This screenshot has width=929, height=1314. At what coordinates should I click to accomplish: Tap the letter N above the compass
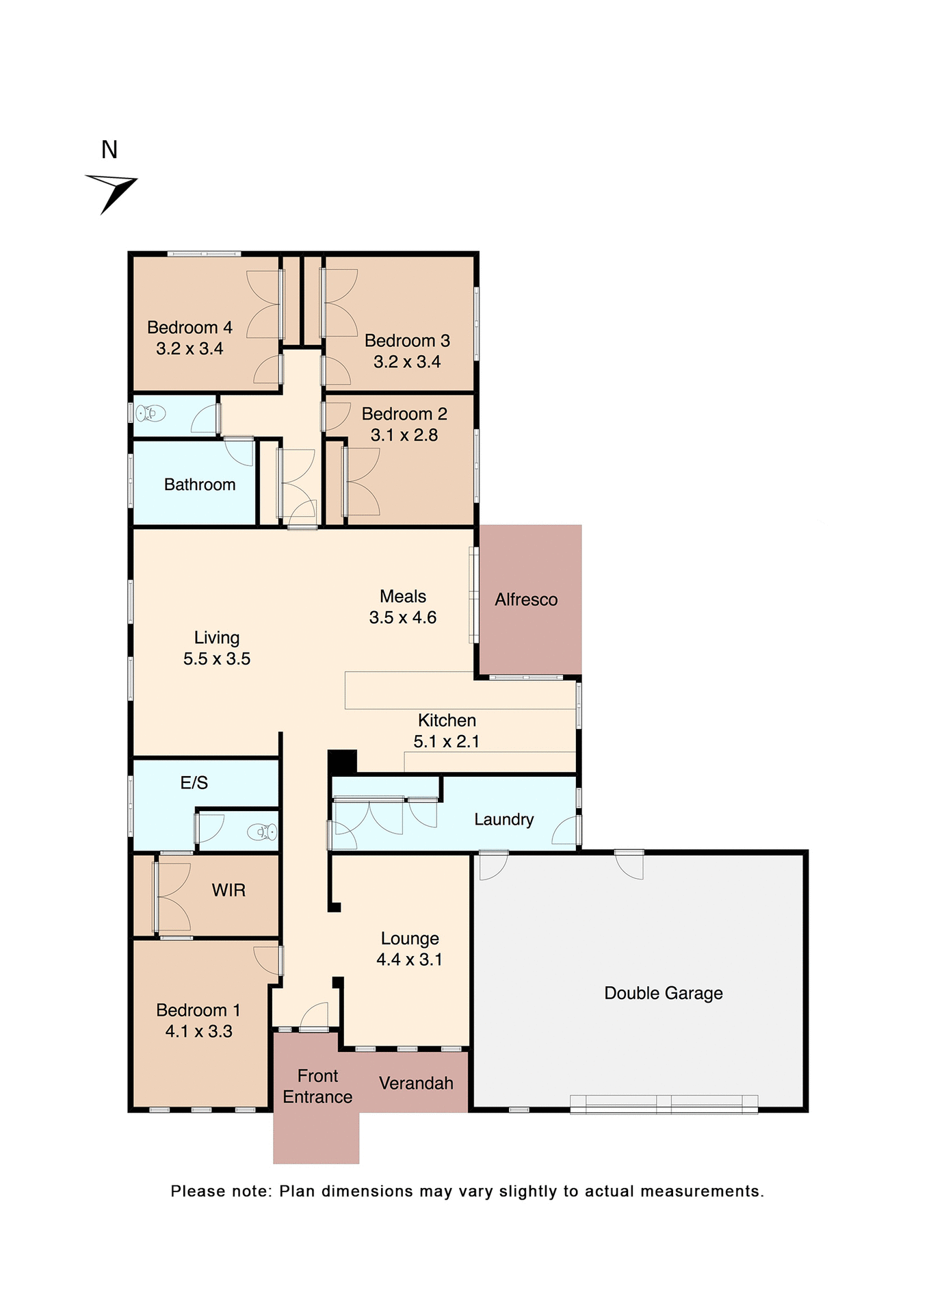click(109, 150)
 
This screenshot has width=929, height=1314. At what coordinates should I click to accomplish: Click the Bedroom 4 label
click(189, 328)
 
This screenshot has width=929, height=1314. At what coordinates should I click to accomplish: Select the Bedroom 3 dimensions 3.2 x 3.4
click(407, 362)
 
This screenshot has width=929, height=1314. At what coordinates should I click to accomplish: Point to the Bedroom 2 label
click(404, 414)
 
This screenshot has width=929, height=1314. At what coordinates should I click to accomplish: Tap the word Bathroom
click(200, 485)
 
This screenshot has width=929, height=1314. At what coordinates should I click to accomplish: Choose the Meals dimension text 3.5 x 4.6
click(403, 617)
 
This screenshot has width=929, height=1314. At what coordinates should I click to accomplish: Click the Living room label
click(217, 638)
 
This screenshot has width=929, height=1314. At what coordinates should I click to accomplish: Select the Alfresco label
click(526, 600)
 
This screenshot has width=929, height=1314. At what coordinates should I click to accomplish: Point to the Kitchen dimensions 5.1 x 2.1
click(446, 741)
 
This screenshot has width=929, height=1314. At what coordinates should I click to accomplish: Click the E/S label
click(194, 783)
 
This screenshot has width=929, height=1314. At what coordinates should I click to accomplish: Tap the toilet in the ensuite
click(262, 832)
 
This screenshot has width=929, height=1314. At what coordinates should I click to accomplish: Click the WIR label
click(228, 890)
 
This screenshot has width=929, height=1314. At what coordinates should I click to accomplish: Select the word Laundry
click(503, 819)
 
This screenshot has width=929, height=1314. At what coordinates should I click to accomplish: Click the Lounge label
click(410, 938)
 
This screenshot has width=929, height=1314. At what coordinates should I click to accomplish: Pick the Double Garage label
click(663, 993)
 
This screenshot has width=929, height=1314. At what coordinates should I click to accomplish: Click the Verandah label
click(416, 1083)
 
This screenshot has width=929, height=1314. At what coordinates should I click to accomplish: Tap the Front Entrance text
click(317, 1086)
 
